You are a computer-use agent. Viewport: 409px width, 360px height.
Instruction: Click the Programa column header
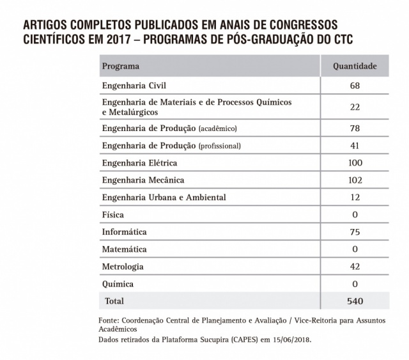click(x=121, y=67)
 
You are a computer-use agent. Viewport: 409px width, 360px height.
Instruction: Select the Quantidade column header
click(x=355, y=67)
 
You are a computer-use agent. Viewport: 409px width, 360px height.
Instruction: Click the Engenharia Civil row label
click(x=134, y=85)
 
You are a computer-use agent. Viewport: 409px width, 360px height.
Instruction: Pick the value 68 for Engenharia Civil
click(x=355, y=86)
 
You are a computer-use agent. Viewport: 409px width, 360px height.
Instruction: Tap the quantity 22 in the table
click(x=355, y=107)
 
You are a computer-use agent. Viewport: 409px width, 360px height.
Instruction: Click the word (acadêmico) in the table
click(x=219, y=129)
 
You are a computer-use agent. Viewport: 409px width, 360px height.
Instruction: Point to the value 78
click(x=355, y=129)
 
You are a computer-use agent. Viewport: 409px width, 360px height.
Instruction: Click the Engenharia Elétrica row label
click(x=139, y=163)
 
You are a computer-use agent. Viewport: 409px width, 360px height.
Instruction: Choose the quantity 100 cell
click(x=355, y=163)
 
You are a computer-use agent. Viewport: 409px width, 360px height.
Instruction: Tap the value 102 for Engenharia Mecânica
click(x=355, y=180)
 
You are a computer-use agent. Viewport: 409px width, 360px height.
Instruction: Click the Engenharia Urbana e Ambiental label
click(x=164, y=198)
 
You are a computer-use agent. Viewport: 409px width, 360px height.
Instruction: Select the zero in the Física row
click(x=355, y=215)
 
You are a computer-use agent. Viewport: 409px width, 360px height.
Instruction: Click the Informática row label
click(x=124, y=231)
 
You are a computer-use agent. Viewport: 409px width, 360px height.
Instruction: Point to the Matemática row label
click(x=124, y=249)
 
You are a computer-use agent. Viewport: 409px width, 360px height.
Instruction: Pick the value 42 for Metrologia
click(x=355, y=266)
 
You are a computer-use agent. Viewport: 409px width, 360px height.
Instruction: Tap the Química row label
click(x=118, y=283)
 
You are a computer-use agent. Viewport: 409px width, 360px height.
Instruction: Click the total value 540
click(x=355, y=301)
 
